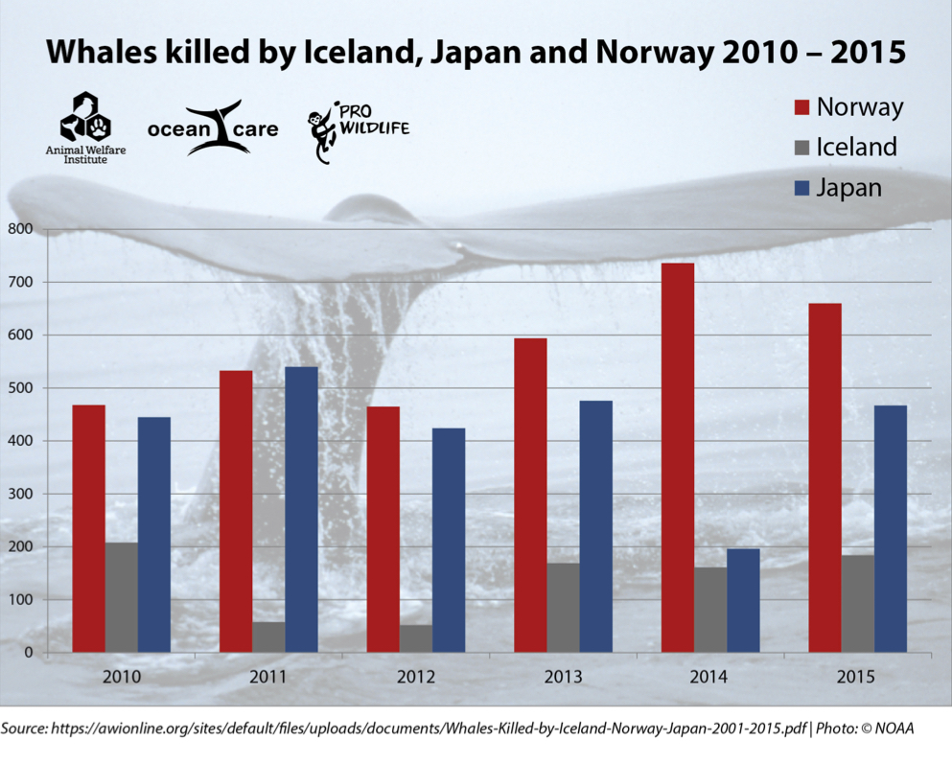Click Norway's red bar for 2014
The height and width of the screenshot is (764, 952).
(678, 458)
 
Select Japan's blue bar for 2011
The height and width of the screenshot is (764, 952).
(301, 510)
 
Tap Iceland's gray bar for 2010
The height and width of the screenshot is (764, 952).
(122, 598)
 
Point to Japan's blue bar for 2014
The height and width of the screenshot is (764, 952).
(743, 601)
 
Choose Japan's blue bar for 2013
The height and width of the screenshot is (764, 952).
(595, 526)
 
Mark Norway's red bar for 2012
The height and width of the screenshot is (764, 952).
(383, 529)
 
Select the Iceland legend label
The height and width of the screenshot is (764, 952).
(856, 147)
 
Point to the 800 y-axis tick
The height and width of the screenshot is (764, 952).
(20, 229)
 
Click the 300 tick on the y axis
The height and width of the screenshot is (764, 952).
(20, 494)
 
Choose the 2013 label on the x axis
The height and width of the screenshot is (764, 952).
(563, 677)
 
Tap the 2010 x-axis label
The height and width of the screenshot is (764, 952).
(122, 677)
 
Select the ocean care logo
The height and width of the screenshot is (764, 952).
(213, 128)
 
